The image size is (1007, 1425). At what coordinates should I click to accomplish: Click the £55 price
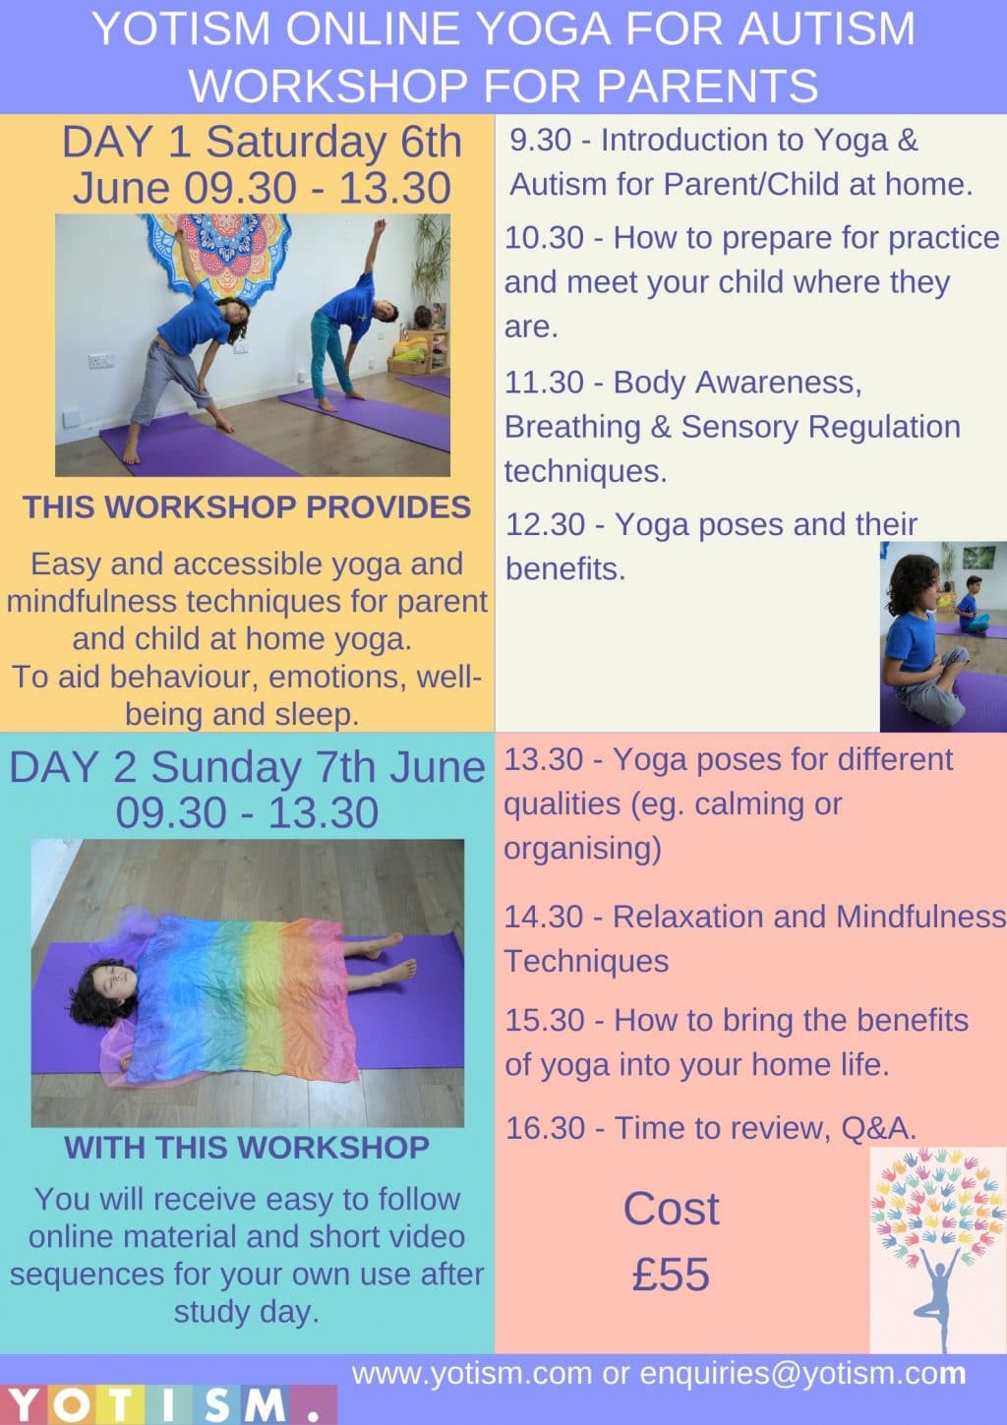pyautogui.click(x=671, y=1275)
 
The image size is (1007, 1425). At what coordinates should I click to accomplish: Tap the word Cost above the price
pyautogui.click(x=671, y=1208)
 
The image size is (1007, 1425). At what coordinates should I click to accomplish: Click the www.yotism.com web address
pyautogui.click(x=472, y=1374)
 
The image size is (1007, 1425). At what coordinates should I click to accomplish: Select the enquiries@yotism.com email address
pyautogui.click(x=802, y=1374)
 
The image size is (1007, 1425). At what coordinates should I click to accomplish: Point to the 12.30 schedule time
pyautogui.click(x=545, y=525)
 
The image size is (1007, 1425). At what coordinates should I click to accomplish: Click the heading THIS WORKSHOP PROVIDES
pyautogui.click(x=247, y=507)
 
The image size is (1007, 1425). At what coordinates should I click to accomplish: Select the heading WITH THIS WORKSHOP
pyautogui.click(x=247, y=1148)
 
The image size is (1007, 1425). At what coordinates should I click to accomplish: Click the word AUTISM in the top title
pyautogui.click(x=826, y=29)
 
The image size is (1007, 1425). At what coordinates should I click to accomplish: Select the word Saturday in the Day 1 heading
pyautogui.click(x=296, y=142)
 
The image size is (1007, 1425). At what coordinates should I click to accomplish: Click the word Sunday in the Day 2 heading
pyautogui.click(x=227, y=767)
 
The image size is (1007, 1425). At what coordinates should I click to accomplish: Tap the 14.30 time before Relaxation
pyautogui.click(x=545, y=917)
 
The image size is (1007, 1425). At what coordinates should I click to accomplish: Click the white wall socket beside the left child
pyautogui.click(x=101, y=361)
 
